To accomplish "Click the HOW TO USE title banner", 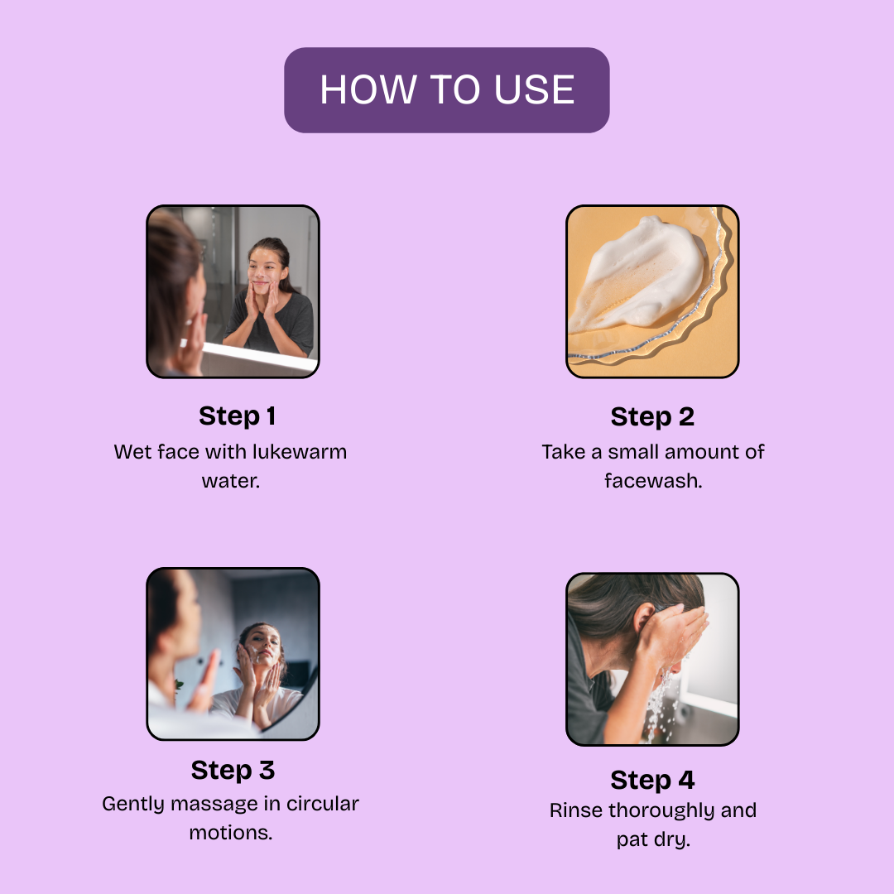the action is [446, 90].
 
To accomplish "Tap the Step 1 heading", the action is [238, 416].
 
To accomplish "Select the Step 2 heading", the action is [652, 416].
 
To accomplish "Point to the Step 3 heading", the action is [233, 771].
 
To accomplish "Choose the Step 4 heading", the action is [652, 780].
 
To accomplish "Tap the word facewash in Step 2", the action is [653, 481].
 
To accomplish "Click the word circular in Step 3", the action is [322, 804].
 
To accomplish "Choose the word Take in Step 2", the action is [564, 452].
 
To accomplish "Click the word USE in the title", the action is [534, 90].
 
